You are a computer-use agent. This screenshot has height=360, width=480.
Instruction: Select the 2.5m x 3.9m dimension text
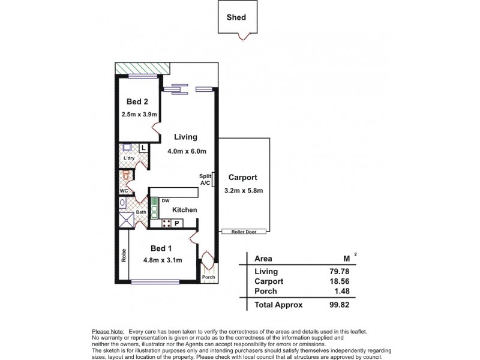(138, 114)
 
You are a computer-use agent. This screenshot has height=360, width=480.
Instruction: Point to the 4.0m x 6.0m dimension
(187, 151)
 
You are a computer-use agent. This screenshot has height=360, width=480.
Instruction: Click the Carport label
(242, 178)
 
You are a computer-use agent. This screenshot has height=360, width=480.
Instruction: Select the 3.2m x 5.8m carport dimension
(243, 191)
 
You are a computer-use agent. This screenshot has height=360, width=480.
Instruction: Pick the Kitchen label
(185, 210)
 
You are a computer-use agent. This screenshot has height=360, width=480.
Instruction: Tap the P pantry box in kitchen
(177, 224)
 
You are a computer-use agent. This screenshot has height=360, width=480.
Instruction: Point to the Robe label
(122, 256)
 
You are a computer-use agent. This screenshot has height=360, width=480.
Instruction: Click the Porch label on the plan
(208, 277)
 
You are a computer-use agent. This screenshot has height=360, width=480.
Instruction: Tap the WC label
(124, 191)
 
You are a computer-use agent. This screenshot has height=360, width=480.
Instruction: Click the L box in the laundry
(144, 148)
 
